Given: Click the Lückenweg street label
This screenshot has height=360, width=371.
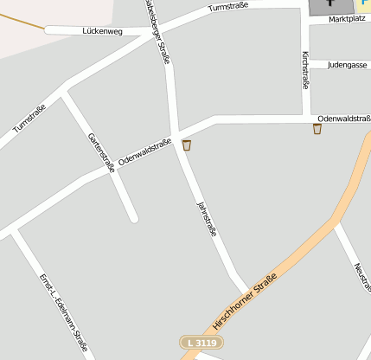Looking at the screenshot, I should coord(102,31).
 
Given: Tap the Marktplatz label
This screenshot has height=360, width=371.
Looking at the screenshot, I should coord(347,19).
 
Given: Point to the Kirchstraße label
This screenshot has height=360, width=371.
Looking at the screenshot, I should coord(305,70).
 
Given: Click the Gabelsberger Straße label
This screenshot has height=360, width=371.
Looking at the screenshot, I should coord(157,31).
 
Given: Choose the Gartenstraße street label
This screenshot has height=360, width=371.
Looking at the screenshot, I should coord(100,153).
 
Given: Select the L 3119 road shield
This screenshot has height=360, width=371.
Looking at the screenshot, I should coord(201,344).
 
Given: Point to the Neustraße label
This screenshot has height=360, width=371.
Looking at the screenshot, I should coord(363,275).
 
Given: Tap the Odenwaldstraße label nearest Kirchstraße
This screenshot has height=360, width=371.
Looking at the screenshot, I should coord(343,118).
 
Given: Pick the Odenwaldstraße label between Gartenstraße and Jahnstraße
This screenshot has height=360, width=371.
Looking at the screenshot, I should coord(144,151).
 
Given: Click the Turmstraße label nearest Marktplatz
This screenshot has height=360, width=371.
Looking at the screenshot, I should coord(228,8).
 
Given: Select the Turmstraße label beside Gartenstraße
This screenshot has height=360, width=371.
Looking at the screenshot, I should coord(29,119).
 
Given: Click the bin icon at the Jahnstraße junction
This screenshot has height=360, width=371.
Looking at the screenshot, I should coord(186,145).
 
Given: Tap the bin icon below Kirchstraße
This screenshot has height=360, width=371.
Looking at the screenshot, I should coord(317,129).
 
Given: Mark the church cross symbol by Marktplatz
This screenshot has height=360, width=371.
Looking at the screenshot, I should coord(329,4).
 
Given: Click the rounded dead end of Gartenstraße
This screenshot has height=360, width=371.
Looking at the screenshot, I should coord(133,218).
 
